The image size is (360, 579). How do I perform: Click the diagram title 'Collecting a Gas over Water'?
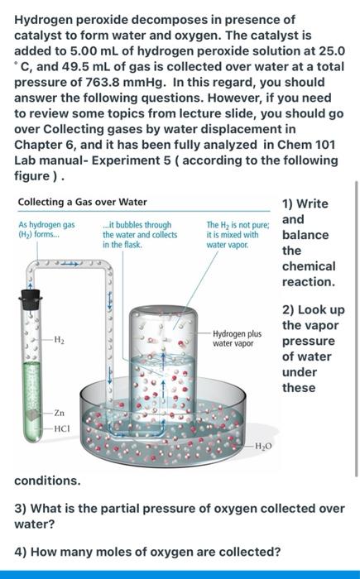(x=82, y=202)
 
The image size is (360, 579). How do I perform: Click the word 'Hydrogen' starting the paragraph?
(x=48, y=19)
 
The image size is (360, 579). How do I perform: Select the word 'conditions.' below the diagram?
(x=48, y=480)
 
